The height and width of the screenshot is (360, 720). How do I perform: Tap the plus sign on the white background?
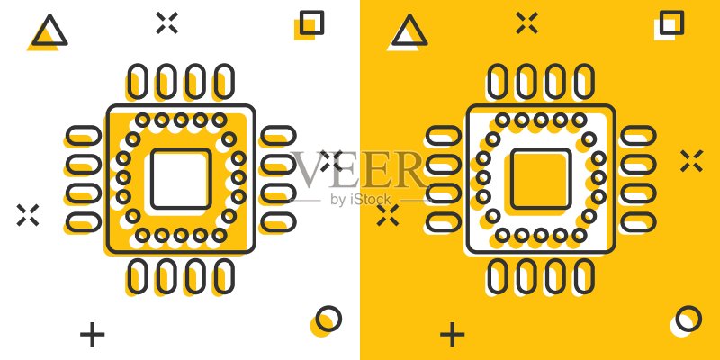93,334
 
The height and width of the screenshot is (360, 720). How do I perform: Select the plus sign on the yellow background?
453,334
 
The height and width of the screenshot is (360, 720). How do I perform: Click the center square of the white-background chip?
151,178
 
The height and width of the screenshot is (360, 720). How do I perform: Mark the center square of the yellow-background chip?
511,178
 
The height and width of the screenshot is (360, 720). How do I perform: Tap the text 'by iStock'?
361,200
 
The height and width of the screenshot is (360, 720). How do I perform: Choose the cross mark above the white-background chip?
166,23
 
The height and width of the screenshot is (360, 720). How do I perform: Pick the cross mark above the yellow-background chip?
526,23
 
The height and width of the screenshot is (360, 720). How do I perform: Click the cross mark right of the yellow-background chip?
691,161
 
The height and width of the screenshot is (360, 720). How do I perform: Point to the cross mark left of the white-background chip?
28,215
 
